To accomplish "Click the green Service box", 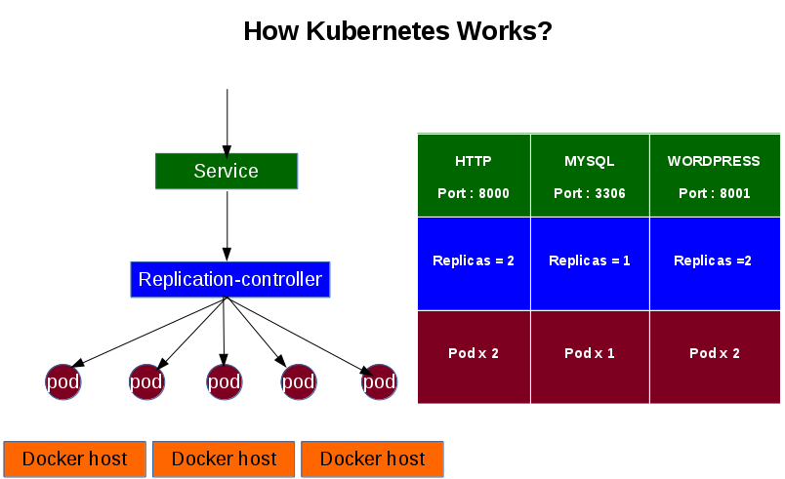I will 227,171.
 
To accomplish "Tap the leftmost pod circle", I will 62,381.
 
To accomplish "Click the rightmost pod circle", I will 379,381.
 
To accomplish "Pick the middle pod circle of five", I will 224,381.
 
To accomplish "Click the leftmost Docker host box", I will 75,459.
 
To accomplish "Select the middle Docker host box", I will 224,459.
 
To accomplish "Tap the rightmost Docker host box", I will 372,459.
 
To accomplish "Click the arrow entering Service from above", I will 227,122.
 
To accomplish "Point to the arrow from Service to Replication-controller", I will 227,224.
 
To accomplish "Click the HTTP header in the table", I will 474,161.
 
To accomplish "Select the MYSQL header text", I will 589,161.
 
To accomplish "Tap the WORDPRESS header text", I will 714,161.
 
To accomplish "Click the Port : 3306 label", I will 589,193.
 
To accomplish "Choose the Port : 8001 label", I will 714,193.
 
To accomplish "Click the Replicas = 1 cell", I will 589,261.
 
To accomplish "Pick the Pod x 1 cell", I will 589,353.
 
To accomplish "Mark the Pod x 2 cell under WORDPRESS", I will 714,353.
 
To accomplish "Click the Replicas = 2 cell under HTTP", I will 474,261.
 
